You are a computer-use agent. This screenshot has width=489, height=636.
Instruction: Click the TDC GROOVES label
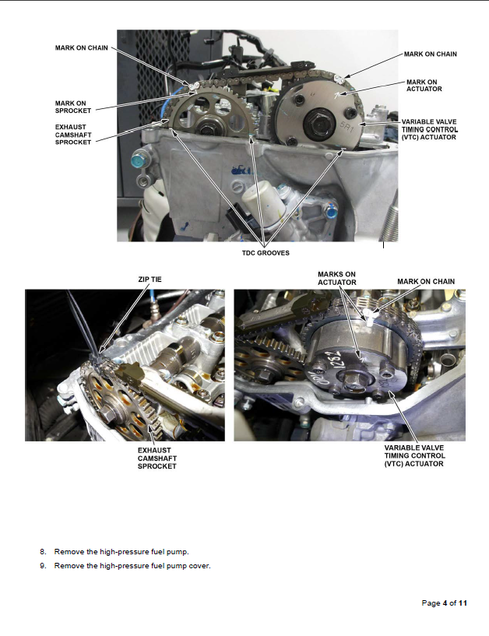[266, 253]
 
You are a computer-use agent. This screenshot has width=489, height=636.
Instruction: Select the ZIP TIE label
[150, 279]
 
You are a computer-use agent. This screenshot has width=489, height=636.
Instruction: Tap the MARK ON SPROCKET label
[73, 107]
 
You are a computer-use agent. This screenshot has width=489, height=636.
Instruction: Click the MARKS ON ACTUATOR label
[337, 278]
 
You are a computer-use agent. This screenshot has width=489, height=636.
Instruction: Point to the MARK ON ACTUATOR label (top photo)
[424, 86]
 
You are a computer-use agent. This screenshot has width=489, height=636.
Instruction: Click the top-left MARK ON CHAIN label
[82, 47]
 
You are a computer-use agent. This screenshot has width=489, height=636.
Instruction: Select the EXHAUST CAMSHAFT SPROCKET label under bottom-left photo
[157, 459]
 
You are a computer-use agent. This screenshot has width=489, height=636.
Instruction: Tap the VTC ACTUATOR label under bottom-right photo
[415, 456]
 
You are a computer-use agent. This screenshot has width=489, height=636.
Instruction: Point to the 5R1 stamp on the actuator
[347, 127]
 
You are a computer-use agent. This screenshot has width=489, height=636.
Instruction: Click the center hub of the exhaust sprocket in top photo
[207, 127]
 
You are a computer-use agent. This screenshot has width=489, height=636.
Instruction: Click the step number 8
[43, 552]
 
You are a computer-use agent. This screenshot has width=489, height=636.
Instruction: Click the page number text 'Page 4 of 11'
[445, 603]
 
